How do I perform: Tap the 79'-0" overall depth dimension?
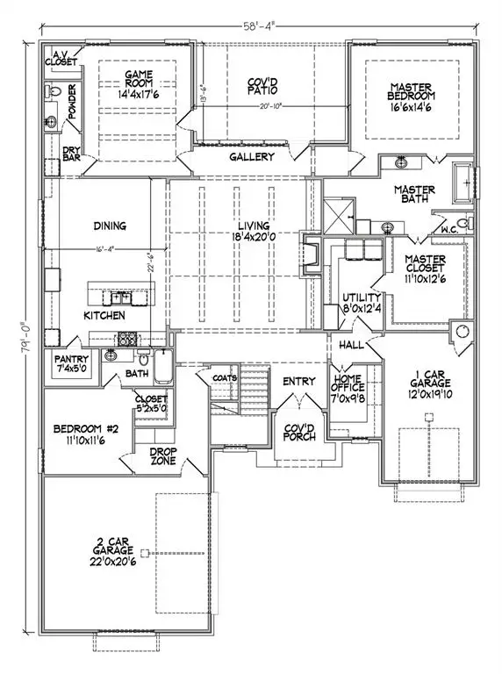coord(28,341)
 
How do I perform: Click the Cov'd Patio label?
coord(267,85)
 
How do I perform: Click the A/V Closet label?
coord(60,57)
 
